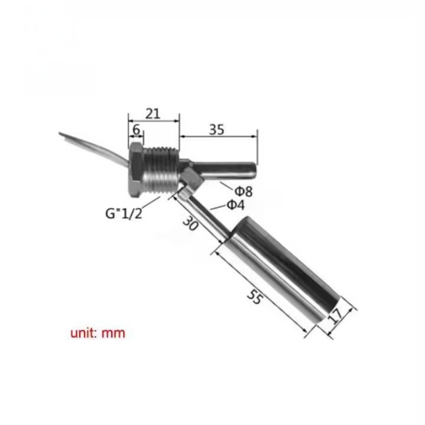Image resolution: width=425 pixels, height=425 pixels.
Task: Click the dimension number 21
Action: (153, 114)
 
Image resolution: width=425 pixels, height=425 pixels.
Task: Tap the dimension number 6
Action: (136, 130)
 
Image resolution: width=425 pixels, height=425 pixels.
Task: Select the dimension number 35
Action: (217, 130)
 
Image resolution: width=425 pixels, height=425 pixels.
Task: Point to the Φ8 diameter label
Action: (243, 191)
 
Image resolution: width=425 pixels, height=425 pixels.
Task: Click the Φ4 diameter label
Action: (235, 205)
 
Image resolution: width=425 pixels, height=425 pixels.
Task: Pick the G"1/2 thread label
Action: (124, 214)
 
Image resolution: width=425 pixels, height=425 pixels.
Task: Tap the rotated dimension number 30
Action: (191, 224)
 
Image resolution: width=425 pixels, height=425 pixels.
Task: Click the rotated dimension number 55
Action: (255, 297)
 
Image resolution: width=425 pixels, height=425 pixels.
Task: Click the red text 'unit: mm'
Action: (98, 333)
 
